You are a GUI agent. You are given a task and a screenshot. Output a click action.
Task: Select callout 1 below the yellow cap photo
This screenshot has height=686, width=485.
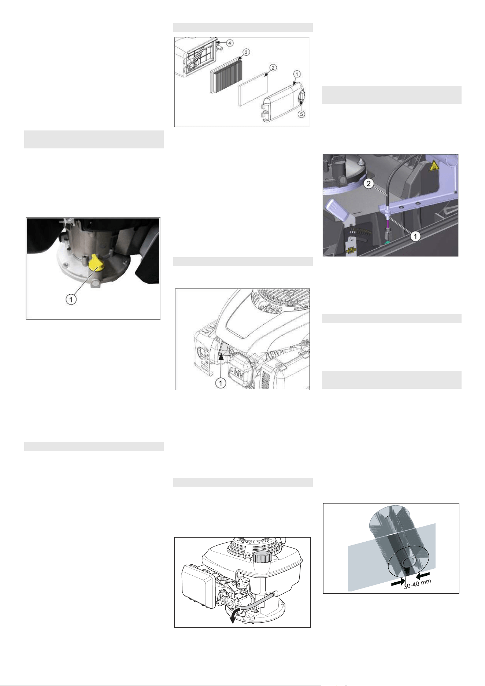(x=71, y=299)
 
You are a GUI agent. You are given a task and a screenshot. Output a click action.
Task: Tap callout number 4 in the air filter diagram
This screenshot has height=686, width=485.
(x=230, y=43)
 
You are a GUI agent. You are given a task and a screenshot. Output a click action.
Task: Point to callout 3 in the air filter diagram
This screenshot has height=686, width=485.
(x=246, y=52)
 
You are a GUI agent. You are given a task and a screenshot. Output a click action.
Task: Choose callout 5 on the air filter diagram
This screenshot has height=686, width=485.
(x=301, y=114)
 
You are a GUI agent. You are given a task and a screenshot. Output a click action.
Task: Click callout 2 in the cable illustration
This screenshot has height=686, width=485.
(x=369, y=184)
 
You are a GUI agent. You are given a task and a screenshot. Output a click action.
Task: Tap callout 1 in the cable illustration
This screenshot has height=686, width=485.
(x=415, y=236)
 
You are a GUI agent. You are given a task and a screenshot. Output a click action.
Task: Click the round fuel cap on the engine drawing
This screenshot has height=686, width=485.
(x=262, y=557)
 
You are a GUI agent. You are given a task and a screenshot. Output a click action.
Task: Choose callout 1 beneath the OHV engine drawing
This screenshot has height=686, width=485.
(x=221, y=383)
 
